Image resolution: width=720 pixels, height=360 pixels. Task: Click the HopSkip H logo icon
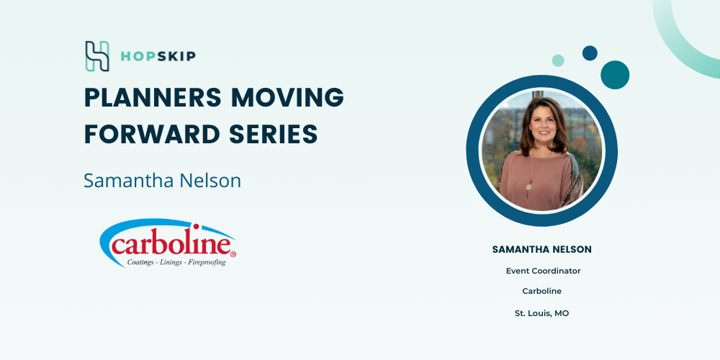tap(97, 56)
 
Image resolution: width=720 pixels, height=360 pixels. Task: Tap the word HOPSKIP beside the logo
tap(158, 56)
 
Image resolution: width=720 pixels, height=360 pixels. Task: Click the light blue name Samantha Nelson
tap(162, 181)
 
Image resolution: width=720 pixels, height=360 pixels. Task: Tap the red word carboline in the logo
tap(171, 244)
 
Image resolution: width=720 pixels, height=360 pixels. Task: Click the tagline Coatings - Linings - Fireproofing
tap(176, 262)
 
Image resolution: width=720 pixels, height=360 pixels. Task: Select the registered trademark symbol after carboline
tap(233, 253)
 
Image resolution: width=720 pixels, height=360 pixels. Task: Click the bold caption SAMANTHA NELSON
tap(542, 249)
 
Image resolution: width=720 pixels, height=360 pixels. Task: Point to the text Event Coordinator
tap(543, 271)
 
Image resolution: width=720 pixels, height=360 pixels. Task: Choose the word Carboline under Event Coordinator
tap(542, 291)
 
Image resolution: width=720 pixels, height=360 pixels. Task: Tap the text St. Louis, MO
tap(542, 314)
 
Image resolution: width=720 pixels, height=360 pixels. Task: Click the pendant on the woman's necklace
tap(529, 187)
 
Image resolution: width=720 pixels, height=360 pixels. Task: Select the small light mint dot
tap(558, 60)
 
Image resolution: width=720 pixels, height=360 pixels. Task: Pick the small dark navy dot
tap(590, 53)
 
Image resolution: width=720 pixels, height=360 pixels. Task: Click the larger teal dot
tap(615, 75)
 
